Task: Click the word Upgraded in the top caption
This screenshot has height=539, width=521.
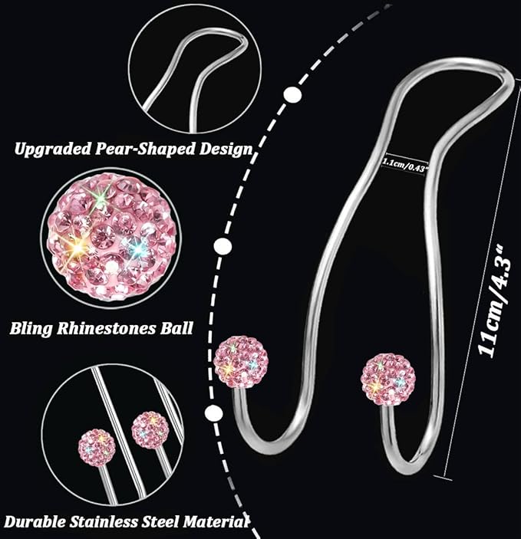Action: [53, 150]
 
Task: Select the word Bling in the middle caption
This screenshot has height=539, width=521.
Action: [31, 329]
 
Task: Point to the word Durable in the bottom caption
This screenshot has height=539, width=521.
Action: [35, 522]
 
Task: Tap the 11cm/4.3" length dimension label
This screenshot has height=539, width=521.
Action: [496, 301]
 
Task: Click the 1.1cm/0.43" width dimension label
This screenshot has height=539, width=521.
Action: [406, 163]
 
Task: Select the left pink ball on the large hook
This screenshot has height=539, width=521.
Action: [241, 361]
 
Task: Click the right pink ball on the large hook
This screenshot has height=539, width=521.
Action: [388, 379]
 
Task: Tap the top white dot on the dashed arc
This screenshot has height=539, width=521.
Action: [292, 94]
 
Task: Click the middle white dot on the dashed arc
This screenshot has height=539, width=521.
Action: [223, 246]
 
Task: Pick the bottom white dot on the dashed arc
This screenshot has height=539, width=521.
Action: [213, 412]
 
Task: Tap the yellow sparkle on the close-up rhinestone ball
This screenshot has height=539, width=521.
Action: [78, 247]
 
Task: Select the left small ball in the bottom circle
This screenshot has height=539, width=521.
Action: [96, 447]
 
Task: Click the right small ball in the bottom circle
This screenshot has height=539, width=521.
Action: [150, 430]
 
